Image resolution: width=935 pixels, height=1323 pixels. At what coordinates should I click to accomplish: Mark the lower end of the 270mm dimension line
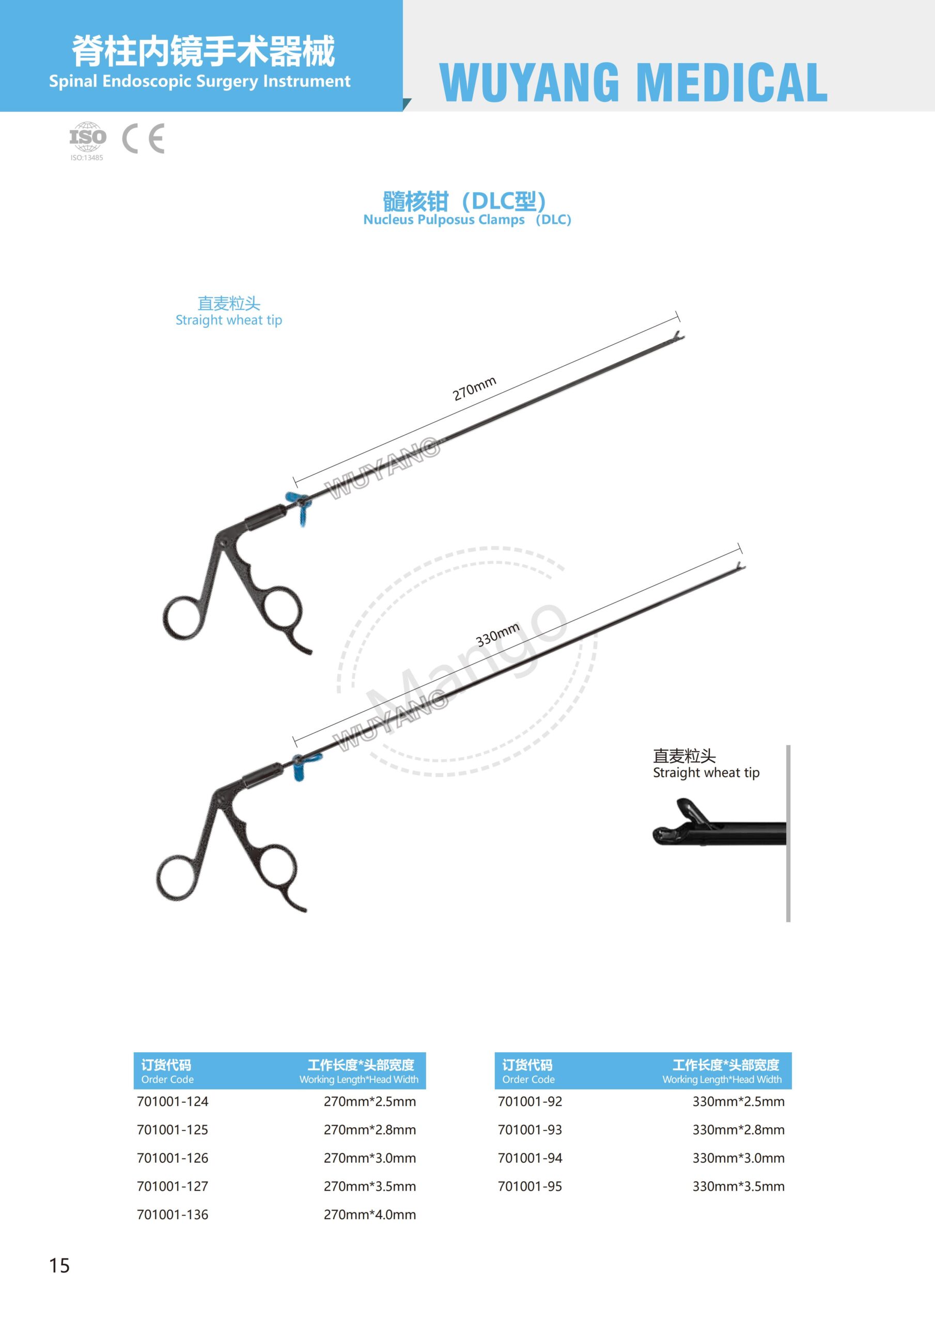(x=295, y=482)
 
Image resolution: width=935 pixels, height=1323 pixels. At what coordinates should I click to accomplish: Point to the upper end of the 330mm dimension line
(x=740, y=548)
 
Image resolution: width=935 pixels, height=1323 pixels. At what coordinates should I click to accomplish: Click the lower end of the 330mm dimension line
(x=295, y=742)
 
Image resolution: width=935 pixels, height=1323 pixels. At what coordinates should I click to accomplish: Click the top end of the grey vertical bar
(x=788, y=746)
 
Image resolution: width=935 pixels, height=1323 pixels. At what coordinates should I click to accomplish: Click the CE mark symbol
(x=144, y=139)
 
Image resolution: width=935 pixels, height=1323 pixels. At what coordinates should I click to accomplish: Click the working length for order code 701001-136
(x=370, y=1214)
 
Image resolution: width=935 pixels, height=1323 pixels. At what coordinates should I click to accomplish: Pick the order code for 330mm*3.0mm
(x=529, y=1158)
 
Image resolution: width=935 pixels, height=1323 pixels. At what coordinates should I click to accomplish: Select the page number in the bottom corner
(x=59, y=1266)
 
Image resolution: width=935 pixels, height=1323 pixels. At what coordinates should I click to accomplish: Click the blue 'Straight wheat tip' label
(x=229, y=311)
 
